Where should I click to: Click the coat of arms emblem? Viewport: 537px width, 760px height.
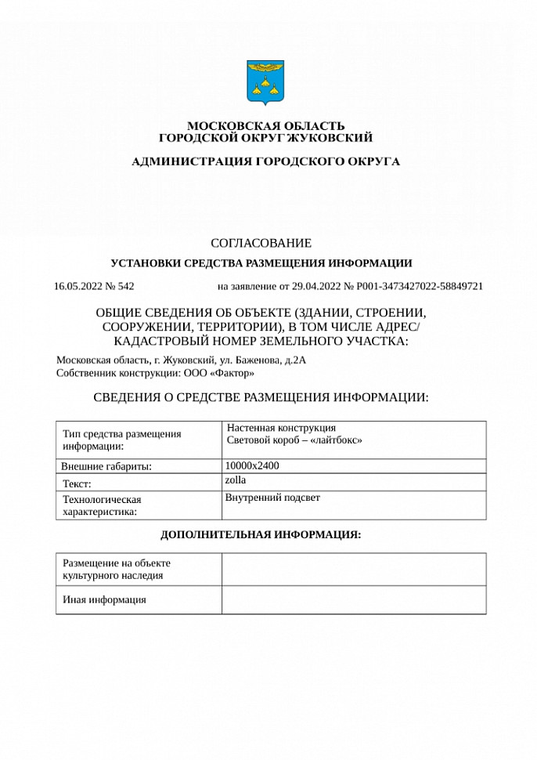pos(265,81)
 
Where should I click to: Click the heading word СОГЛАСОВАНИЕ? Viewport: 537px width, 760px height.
pos(261,244)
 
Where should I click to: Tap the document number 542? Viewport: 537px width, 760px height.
pos(126,286)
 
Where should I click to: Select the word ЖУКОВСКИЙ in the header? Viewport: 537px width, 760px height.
pos(329,138)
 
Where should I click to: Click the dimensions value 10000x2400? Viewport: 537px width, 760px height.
pos(252,465)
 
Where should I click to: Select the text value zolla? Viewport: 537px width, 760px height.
pos(235,480)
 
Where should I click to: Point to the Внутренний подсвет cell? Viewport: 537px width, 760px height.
pos(272,498)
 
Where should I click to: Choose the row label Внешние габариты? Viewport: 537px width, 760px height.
pos(106,466)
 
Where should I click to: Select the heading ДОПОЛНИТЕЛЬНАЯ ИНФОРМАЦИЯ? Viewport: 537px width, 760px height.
pos(261,535)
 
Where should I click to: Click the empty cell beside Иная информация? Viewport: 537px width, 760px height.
pos(353,600)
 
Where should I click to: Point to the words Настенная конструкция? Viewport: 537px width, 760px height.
pos(281,428)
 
